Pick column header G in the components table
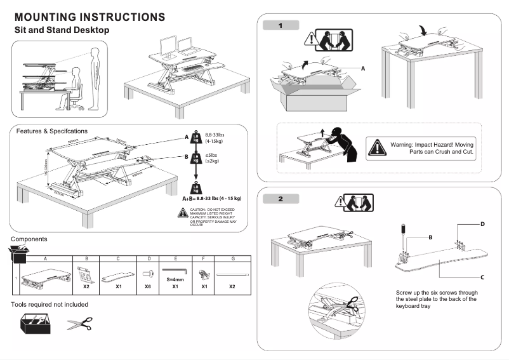233,259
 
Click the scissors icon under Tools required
79,325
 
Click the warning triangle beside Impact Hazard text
378,148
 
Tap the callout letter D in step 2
482,224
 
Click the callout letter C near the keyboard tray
482,277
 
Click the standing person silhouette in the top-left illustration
96,76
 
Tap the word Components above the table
29,239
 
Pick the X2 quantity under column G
232,286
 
